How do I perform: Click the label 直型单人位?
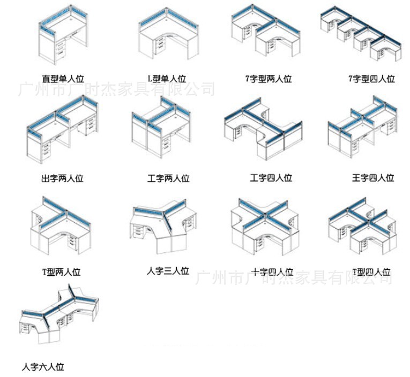pyautogui.click(x=63, y=78)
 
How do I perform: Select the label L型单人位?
pyautogui.click(x=168, y=78)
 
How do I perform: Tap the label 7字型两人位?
pyautogui.click(x=268, y=79)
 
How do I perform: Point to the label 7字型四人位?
pyautogui.click(x=371, y=79)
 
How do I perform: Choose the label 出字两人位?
pyautogui.click(x=62, y=178)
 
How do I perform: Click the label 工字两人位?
pyautogui.click(x=168, y=178)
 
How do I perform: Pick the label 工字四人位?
pyautogui.click(x=271, y=178)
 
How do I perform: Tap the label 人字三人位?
pyautogui.click(x=168, y=271)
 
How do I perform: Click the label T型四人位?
pyautogui.click(x=371, y=272)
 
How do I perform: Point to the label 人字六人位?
pyautogui.click(x=43, y=367)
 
